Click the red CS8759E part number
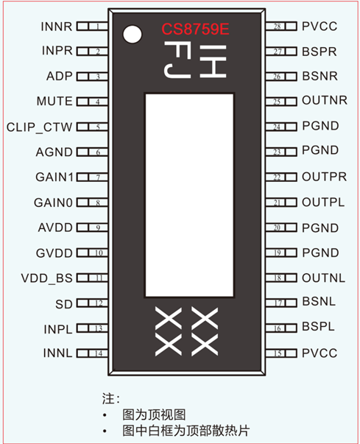(195, 29)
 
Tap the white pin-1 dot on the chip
(133, 35)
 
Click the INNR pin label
(57, 27)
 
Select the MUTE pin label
(54, 101)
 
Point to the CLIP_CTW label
(39, 127)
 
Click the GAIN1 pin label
(54, 177)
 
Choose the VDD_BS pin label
(46, 278)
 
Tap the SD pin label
(64, 304)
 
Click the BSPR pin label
(320, 52)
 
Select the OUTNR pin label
(325, 100)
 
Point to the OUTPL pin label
(323, 202)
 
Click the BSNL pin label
(319, 301)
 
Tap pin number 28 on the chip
(278, 27)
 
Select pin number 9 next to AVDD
(98, 228)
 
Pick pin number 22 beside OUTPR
(277, 177)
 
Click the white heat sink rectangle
(189, 195)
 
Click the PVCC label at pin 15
(320, 353)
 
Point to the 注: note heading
(111, 398)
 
